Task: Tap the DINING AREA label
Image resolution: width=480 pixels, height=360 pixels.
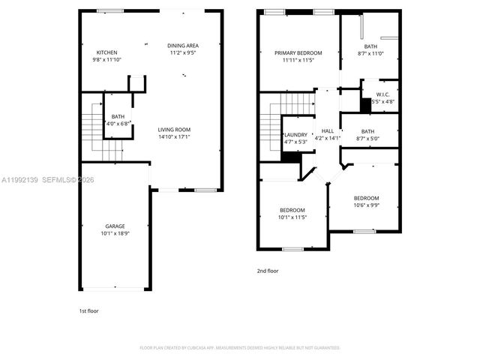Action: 183,46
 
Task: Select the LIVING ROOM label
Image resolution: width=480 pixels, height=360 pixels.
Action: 174,129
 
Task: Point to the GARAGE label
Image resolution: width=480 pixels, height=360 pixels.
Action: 115,226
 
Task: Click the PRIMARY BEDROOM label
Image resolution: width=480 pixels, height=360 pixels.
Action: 298,52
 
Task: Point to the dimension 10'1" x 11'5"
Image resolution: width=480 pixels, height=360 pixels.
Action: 292,217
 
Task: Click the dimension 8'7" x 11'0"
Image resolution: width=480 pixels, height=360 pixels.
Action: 370,54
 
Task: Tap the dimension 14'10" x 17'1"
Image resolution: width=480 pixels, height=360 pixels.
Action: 174,136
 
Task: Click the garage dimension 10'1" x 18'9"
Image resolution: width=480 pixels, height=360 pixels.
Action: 115,233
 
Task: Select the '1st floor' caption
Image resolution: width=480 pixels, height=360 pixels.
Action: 88,310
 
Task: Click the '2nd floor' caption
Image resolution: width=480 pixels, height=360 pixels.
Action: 268,270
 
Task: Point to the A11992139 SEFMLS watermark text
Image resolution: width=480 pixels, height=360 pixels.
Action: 45,179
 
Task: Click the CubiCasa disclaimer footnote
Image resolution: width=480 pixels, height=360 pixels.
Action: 240,348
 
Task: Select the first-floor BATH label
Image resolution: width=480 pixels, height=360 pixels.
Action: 118,116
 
